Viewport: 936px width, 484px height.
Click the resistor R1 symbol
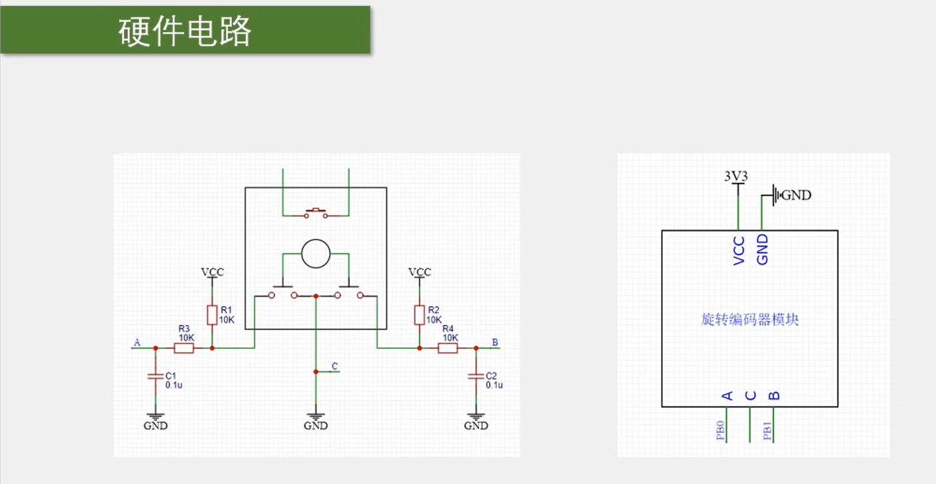click(212, 315)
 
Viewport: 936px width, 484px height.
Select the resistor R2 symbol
click(419, 315)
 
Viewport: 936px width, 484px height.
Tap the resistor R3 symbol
click(184, 348)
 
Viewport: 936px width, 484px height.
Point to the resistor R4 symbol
click(448, 348)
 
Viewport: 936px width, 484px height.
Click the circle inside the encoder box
click(316, 254)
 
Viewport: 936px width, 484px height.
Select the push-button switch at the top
click(316, 213)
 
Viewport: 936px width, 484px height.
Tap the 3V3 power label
click(736, 176)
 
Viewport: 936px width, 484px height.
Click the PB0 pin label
click(720, 431)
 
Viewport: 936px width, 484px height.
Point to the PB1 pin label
click(767, 431)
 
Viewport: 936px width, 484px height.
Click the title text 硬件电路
click(185, 31)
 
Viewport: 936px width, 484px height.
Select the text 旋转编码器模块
click(750, 320)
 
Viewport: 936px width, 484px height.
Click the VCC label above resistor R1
click(213, 272)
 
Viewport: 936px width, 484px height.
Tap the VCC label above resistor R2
click(420, 272)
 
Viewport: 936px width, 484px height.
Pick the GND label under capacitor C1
click(156, 425)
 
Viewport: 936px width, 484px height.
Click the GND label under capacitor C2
click(476, 425)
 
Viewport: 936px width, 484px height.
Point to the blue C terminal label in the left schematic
click(334, 366)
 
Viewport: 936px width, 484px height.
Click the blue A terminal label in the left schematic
click(137, 343)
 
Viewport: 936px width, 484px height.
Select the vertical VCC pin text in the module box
click(739, 250)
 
